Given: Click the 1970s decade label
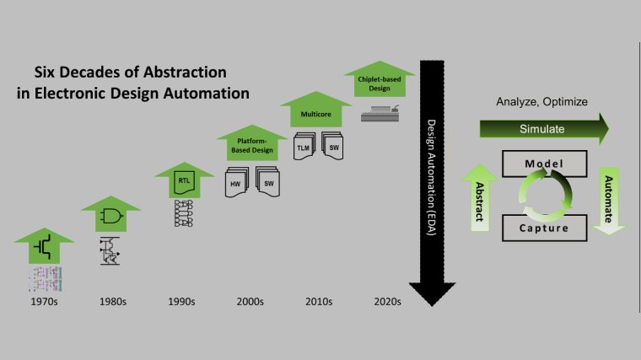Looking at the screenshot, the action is tap(44, 302).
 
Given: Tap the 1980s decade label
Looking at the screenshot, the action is tap(113, 302).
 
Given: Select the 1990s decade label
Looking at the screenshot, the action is tap(181, 302).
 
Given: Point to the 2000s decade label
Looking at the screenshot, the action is tap(250, 302).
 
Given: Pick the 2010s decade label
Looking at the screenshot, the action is tap(319, 302).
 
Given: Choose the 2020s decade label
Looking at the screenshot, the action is tap(387, 302).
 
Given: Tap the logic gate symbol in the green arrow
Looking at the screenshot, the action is tap(111, 216).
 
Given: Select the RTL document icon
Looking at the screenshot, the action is tap(184, 183).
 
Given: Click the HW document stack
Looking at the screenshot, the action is tap(237, 182).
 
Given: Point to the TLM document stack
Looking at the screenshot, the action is tap(304, 147).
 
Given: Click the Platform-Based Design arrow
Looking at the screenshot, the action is tap(252, 142).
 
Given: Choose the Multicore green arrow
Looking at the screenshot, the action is tap(315, 110).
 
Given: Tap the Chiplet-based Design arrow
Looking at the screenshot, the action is tap(380, 79).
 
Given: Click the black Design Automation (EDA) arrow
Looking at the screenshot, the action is tap(432, 183).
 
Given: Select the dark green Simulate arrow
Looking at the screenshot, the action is tap(544, 129).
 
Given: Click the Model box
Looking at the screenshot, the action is tap(545, 164).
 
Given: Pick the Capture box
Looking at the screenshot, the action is tap(545, 228).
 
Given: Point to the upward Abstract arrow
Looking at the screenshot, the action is tap(480, 198).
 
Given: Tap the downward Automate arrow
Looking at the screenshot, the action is tap(609, 201).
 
